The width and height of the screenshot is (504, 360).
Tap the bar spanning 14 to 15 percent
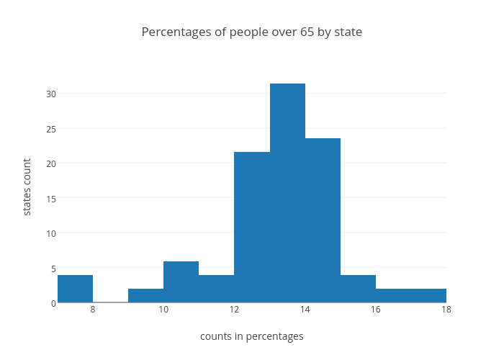[x=323, y=220]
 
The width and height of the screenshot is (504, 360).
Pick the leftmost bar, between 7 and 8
[x=75, y=289]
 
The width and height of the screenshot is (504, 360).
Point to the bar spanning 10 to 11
[x=181, y=282]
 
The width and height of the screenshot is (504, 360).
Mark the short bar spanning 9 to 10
[x=145, y=296]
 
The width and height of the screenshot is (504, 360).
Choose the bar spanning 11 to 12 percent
[x=216, y=289]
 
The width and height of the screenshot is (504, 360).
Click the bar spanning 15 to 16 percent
[x=358, y=289]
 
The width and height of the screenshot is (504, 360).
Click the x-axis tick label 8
[x=93, y=310]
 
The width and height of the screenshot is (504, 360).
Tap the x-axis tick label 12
[x=234, y=310]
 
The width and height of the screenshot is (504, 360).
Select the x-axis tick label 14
[x=305, y=310]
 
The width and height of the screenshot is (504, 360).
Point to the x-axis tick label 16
[x=375, y=310]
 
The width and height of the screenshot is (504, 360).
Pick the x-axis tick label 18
[x=446, y=310]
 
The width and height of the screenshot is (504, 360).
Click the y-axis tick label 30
[x=51, y=94]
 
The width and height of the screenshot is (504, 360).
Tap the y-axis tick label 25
[x=51, y=128]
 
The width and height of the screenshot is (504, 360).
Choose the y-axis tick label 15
[x=51, y=198]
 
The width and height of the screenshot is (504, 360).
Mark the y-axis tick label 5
[x=53, y=268]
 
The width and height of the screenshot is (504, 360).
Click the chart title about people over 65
[x=252, y=32]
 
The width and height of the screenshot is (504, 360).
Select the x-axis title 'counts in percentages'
[x=252, y=336]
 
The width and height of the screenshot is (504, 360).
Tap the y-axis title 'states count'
[x=27, y=187]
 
